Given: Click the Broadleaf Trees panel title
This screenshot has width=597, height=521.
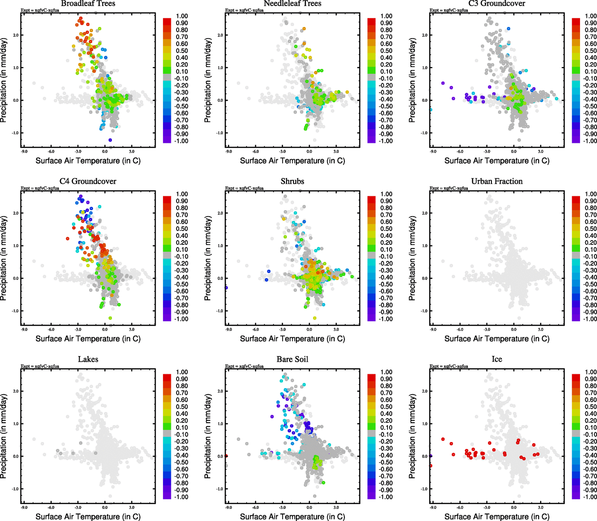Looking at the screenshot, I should pos(88,3).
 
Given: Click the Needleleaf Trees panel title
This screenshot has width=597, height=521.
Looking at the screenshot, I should pos(292,3).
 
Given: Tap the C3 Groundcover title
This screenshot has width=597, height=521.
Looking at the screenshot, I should pos(497,3).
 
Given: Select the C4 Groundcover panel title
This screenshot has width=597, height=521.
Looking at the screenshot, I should pos(88,181).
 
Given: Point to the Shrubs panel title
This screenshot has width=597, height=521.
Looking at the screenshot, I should pos(292,181).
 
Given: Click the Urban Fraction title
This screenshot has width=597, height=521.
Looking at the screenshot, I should pos(497,181).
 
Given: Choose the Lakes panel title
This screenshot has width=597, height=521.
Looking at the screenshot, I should pos(88,359).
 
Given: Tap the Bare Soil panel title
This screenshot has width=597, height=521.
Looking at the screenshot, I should pos(292,359).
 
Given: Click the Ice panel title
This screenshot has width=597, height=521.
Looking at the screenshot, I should pos(497,359).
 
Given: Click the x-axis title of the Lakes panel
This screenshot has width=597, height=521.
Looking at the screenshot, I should pos(88,517).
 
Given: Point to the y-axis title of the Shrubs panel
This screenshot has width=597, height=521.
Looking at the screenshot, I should pos(208,258).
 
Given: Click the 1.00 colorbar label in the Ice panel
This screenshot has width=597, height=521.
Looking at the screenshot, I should pos(590,372).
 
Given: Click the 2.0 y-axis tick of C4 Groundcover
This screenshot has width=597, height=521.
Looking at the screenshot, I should pos(16,213).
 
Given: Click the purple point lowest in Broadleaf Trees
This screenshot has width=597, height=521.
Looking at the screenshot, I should pos(110,140).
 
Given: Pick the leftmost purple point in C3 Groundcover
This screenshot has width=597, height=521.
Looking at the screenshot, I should pos(443,83).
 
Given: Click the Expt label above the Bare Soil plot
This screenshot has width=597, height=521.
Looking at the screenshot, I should pos(244,366).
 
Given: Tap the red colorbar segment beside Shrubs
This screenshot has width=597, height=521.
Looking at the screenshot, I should pos(372,199).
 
